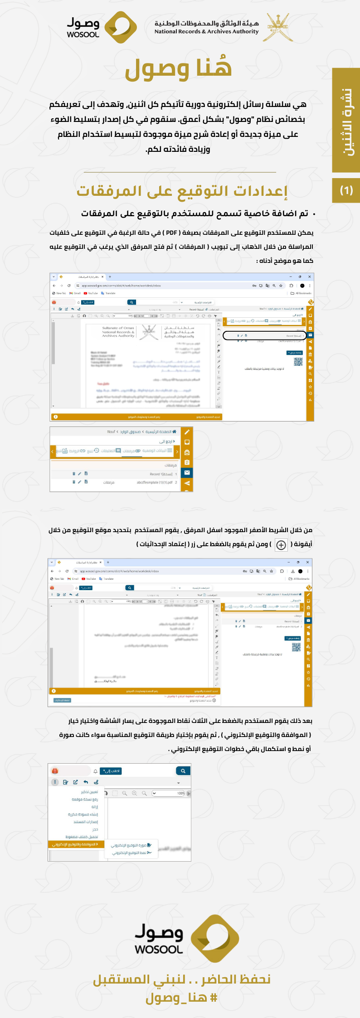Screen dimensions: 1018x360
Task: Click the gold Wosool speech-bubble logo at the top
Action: [121, 27]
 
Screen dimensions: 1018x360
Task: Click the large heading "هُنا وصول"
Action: [179, 68]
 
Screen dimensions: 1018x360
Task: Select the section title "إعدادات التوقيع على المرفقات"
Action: [182, 191]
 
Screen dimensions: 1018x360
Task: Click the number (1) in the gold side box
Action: [346, 190]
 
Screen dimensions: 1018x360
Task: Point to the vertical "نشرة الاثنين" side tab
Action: [346, 120]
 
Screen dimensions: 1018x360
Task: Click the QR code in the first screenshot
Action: [298, 361]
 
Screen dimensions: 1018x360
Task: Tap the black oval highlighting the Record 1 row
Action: [264, 336]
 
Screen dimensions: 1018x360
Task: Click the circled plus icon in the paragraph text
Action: [281, 545]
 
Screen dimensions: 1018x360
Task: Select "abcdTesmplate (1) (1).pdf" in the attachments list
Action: [154, 482]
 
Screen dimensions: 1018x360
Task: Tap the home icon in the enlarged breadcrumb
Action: [174, 431]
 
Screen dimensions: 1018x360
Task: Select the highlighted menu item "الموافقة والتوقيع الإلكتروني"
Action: [75, 844]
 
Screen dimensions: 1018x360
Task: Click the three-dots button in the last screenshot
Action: [55, 782]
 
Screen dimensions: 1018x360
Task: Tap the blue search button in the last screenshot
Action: [183, 771]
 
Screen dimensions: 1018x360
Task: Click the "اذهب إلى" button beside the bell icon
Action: [111, 771]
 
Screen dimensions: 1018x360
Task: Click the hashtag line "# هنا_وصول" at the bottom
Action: [181, 998]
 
